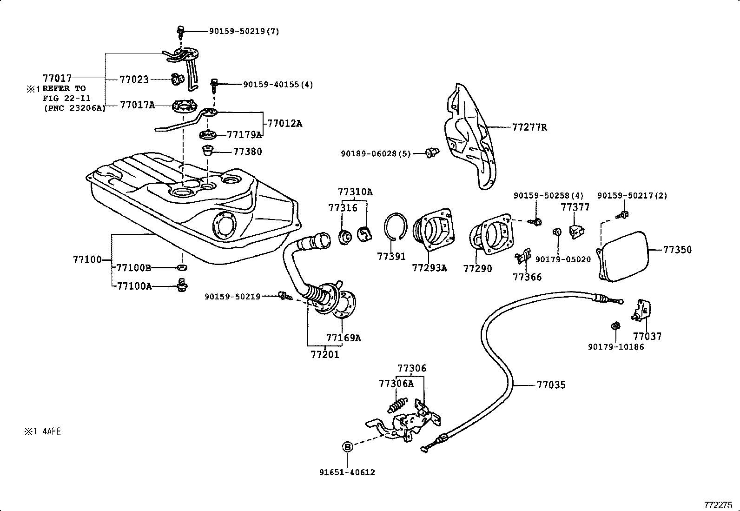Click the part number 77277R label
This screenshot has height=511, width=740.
(x=529, y=127)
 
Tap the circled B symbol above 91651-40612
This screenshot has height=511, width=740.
(x=347, y=447)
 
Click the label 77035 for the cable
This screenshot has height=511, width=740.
(x=551, y=385)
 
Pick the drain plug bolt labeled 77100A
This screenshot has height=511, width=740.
(x=182, y=285)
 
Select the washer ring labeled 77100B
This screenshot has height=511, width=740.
(x=182, y=267)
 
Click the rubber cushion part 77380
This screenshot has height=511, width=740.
(x=208, y=151)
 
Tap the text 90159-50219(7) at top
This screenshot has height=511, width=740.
(x=244, y=31)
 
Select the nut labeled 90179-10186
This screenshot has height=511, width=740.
(x=614, y=326)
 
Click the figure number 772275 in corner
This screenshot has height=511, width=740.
(x=718, y=504)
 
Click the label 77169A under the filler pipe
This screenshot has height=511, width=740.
(x=344, y=338)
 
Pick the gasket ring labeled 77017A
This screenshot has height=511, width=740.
(x=182, y=106)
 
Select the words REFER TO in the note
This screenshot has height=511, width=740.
(x=64, y=88)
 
